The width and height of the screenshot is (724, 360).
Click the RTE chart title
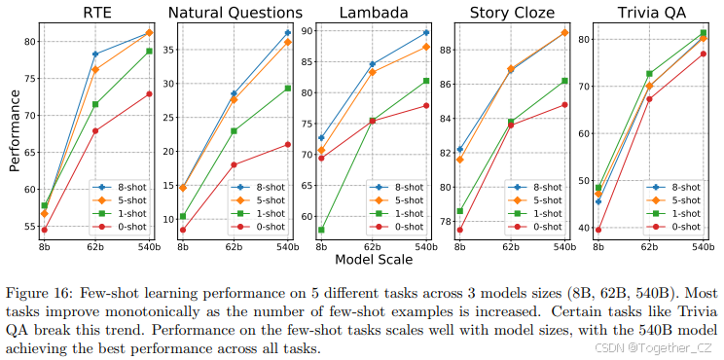pos(94,13)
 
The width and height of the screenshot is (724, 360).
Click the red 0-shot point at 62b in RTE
pos(95,130)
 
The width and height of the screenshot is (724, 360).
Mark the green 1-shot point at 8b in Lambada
pos(322,230)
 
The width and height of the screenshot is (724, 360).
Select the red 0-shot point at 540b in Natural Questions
pos(287,144)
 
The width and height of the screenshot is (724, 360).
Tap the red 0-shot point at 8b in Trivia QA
pos(597,230)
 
